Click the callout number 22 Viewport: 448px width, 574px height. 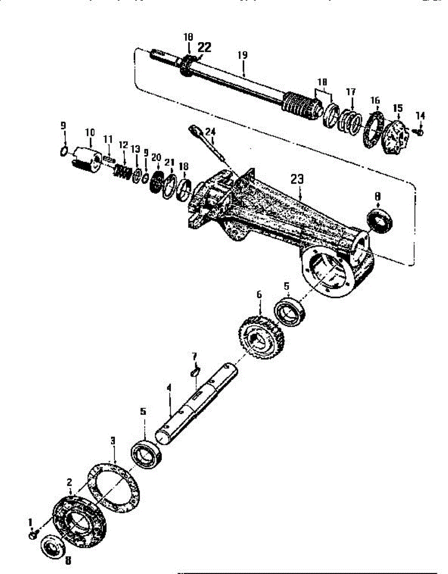[x=204, y=47]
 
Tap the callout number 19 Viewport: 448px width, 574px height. [x=242, y=55]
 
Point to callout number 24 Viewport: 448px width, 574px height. [x=210, y=131]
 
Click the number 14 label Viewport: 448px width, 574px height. [x=420, y=115]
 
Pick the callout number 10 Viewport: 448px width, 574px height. [x=90, y=132]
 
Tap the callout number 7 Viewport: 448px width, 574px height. [x=194, y=356]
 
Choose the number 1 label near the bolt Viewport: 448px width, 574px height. [x=32, y=521]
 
